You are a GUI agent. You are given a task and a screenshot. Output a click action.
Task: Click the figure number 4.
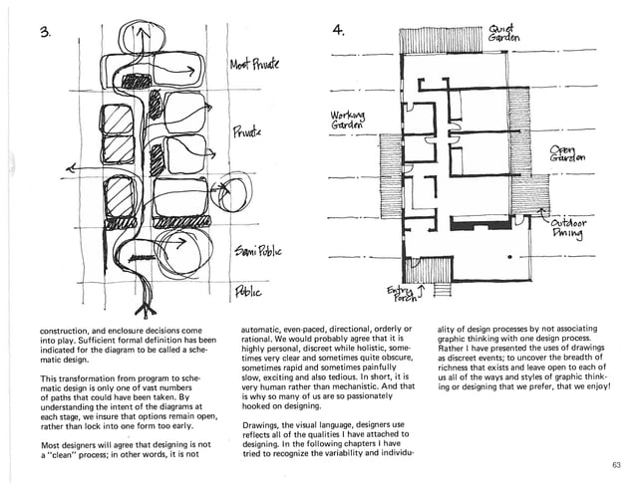tap(339, 31)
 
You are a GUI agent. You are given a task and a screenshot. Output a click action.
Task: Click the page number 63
tap(614, 465)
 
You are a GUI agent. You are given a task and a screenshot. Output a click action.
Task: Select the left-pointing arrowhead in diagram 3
tap(69, 171)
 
